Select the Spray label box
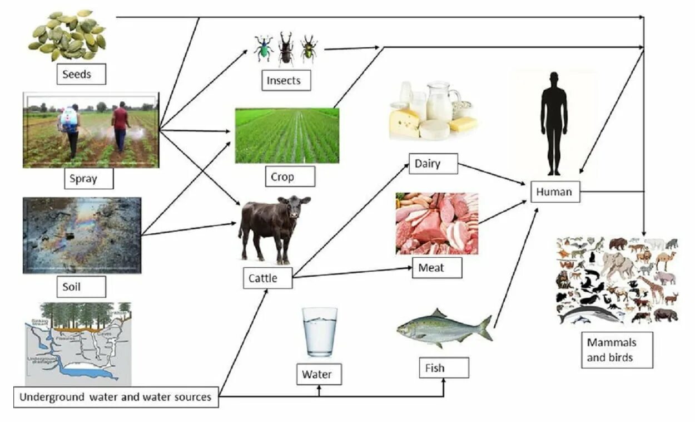[88, 179]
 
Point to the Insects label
[286, 80]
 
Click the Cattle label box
[267, 278]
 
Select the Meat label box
[437, 268]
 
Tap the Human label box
[555, 192]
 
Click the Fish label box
[443, 368]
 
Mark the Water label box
[319, 374]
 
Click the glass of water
[320, 332]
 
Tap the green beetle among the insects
[264, 50]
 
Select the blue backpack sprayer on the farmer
[69, 119]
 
